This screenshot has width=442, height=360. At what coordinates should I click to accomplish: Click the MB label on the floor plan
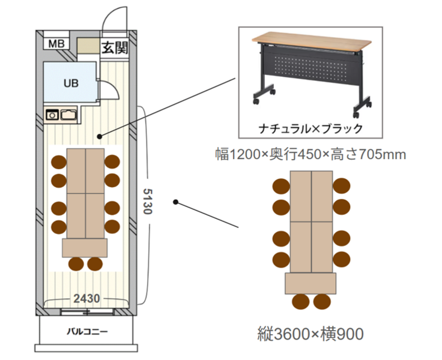click(x=56, y=43)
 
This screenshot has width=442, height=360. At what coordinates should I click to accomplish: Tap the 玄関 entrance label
click(x=114, y=47)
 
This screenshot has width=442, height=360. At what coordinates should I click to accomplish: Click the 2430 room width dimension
click(x=86, y=298)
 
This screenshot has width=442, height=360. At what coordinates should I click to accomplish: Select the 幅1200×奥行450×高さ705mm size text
click(x=311, y=155)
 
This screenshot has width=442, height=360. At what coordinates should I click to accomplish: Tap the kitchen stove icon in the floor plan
click(x=52, y=113)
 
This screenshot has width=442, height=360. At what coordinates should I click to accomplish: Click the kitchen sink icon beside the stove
click(x=68, y=113)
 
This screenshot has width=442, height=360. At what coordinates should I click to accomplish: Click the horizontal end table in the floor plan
click(x=85, y=247)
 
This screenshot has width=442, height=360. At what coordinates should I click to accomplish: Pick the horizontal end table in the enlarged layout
click(x=311, y=282)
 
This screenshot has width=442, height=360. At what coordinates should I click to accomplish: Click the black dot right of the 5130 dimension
click(x=175, y=202)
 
